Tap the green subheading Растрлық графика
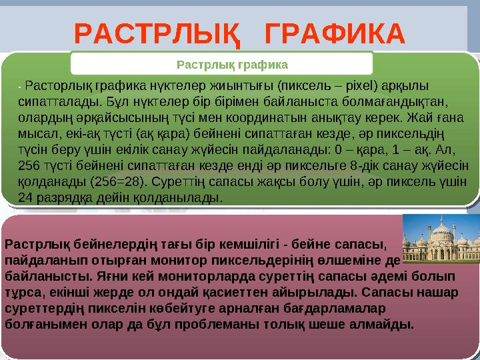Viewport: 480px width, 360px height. (x=231, y=65)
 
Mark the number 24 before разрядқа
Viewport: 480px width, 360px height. (x=25, y=198)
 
